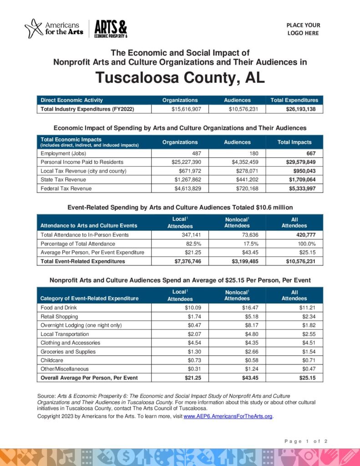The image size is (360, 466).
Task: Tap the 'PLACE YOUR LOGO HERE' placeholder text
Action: (x=303, y=29)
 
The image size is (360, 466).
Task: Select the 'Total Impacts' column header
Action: (x=294, y=142)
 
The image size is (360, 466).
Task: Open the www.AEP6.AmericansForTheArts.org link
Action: (x=228, y=416)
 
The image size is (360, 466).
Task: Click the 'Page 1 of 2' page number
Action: (x=306, y=441)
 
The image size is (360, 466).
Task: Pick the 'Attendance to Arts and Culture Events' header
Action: (x=89, y=225)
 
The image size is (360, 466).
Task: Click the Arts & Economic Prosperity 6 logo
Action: (x=111, y=29)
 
